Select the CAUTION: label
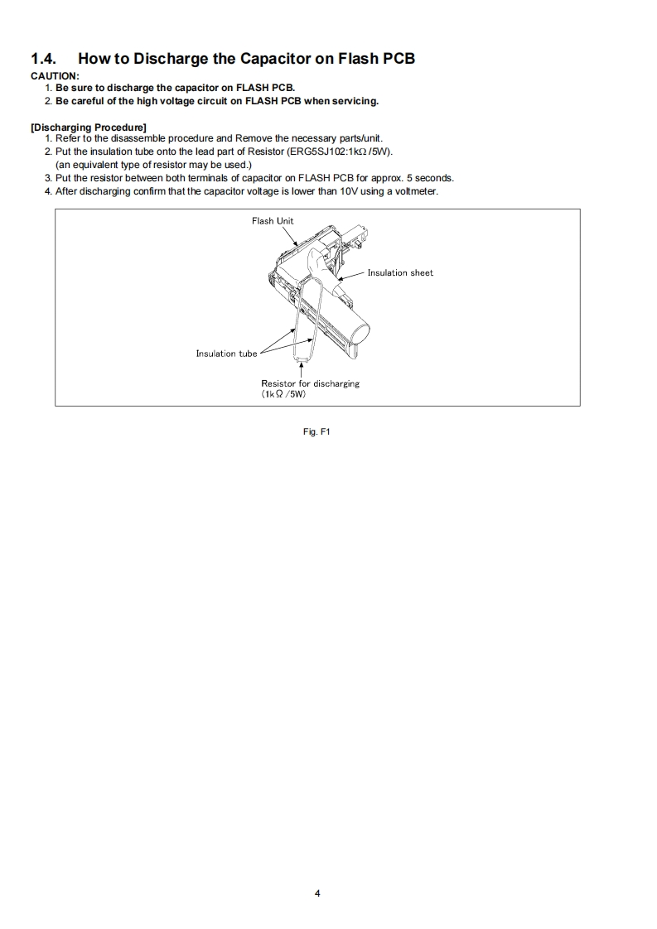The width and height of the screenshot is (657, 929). [55, 76]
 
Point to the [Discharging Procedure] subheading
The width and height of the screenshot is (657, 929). [89, 127]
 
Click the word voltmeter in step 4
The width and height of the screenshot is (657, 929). [416, 191]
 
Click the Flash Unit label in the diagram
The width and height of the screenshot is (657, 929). [273, 221]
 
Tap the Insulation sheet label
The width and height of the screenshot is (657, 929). [400, 272]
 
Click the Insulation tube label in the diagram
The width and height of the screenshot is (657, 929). [226, 354]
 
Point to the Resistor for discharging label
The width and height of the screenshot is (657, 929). [310, 383]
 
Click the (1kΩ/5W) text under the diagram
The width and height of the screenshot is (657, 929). [284, 394]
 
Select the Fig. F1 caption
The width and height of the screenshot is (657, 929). [317, 431]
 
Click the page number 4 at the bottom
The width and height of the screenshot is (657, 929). [317, 893]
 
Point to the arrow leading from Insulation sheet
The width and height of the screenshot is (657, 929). [351, 275]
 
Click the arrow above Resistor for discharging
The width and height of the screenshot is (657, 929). [301, 370]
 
